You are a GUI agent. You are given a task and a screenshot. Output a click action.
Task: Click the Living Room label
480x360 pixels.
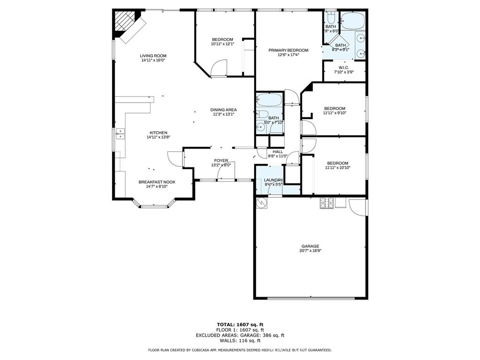click(x=153, y=56)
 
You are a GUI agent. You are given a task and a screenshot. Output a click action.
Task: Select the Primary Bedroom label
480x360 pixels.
click(x=288, y=50)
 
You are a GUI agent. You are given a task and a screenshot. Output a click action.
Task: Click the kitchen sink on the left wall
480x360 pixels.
click(x=120, y=134)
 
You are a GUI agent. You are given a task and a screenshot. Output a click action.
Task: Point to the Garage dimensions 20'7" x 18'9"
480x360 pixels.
click(x=310, y=251)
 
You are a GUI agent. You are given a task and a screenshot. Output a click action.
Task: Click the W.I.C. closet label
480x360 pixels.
click(x=344, y=67)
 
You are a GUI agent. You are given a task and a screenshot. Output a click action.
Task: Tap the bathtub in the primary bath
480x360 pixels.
click(x=353, y=21)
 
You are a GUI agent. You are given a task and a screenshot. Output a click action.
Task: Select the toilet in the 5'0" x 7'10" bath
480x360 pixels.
click(x=262, y=114)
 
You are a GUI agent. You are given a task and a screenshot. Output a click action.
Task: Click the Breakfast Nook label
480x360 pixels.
click(x=157, y=182)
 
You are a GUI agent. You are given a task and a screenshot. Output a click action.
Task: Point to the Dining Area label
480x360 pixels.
click(x=224, y=110)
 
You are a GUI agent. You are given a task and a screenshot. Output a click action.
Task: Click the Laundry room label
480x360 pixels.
click(x=273, y=180)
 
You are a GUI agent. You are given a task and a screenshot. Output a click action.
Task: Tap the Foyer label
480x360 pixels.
click(x=221, y=160)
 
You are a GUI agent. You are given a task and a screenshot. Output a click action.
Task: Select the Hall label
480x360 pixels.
click(x=277, y=151)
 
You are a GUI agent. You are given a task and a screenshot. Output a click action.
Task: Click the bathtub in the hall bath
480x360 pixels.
click(x=269, y=99)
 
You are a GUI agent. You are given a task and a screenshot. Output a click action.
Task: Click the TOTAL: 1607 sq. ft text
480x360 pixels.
click(x=240, y=324)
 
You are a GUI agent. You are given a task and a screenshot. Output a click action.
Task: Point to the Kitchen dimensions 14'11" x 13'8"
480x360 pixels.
click(x=158, y=137)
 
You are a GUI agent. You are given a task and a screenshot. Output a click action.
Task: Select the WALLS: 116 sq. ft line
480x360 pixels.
click(x=240, y=340)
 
